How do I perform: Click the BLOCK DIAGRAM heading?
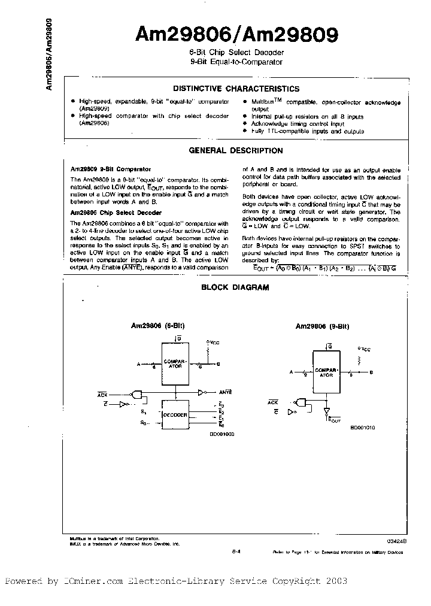[x=235, y=287]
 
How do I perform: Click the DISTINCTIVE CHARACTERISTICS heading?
[x=236, y=89]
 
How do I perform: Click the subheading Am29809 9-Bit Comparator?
[x=111, y=169]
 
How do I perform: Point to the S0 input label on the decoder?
[x=144, y=423]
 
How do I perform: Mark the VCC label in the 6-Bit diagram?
[x=214, y=343]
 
